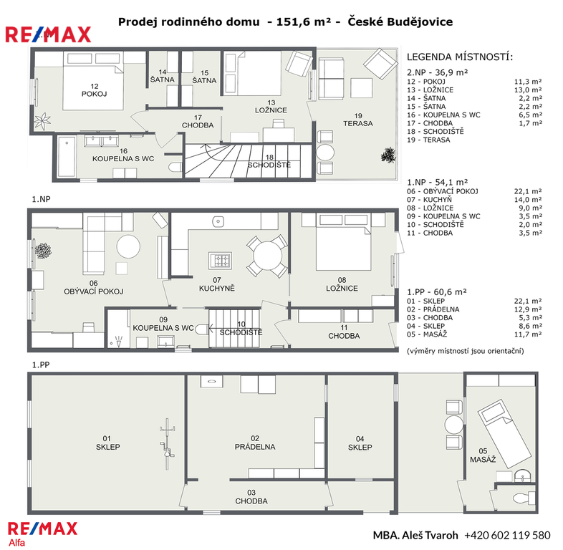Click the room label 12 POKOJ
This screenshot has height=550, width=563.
94,90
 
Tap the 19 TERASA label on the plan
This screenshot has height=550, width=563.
358,120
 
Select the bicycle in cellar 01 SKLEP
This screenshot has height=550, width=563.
167,444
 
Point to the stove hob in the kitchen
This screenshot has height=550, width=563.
220,259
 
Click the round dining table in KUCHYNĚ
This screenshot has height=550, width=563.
267,256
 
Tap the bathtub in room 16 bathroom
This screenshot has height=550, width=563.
67,156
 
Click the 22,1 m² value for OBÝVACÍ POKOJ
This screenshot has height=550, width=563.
528,191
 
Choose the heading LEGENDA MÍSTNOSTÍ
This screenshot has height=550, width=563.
460,57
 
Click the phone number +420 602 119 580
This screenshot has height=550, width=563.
507,535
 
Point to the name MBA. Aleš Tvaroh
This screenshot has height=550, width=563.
415,535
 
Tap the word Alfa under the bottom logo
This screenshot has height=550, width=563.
17,542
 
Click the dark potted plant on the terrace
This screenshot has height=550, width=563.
388,155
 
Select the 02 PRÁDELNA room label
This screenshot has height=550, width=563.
255,443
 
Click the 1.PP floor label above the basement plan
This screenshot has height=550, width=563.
41,365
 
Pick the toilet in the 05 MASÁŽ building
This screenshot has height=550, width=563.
523,498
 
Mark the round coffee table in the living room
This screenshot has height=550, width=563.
128,246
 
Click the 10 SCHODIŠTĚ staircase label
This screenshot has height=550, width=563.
241,329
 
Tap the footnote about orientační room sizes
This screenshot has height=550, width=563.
466,351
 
